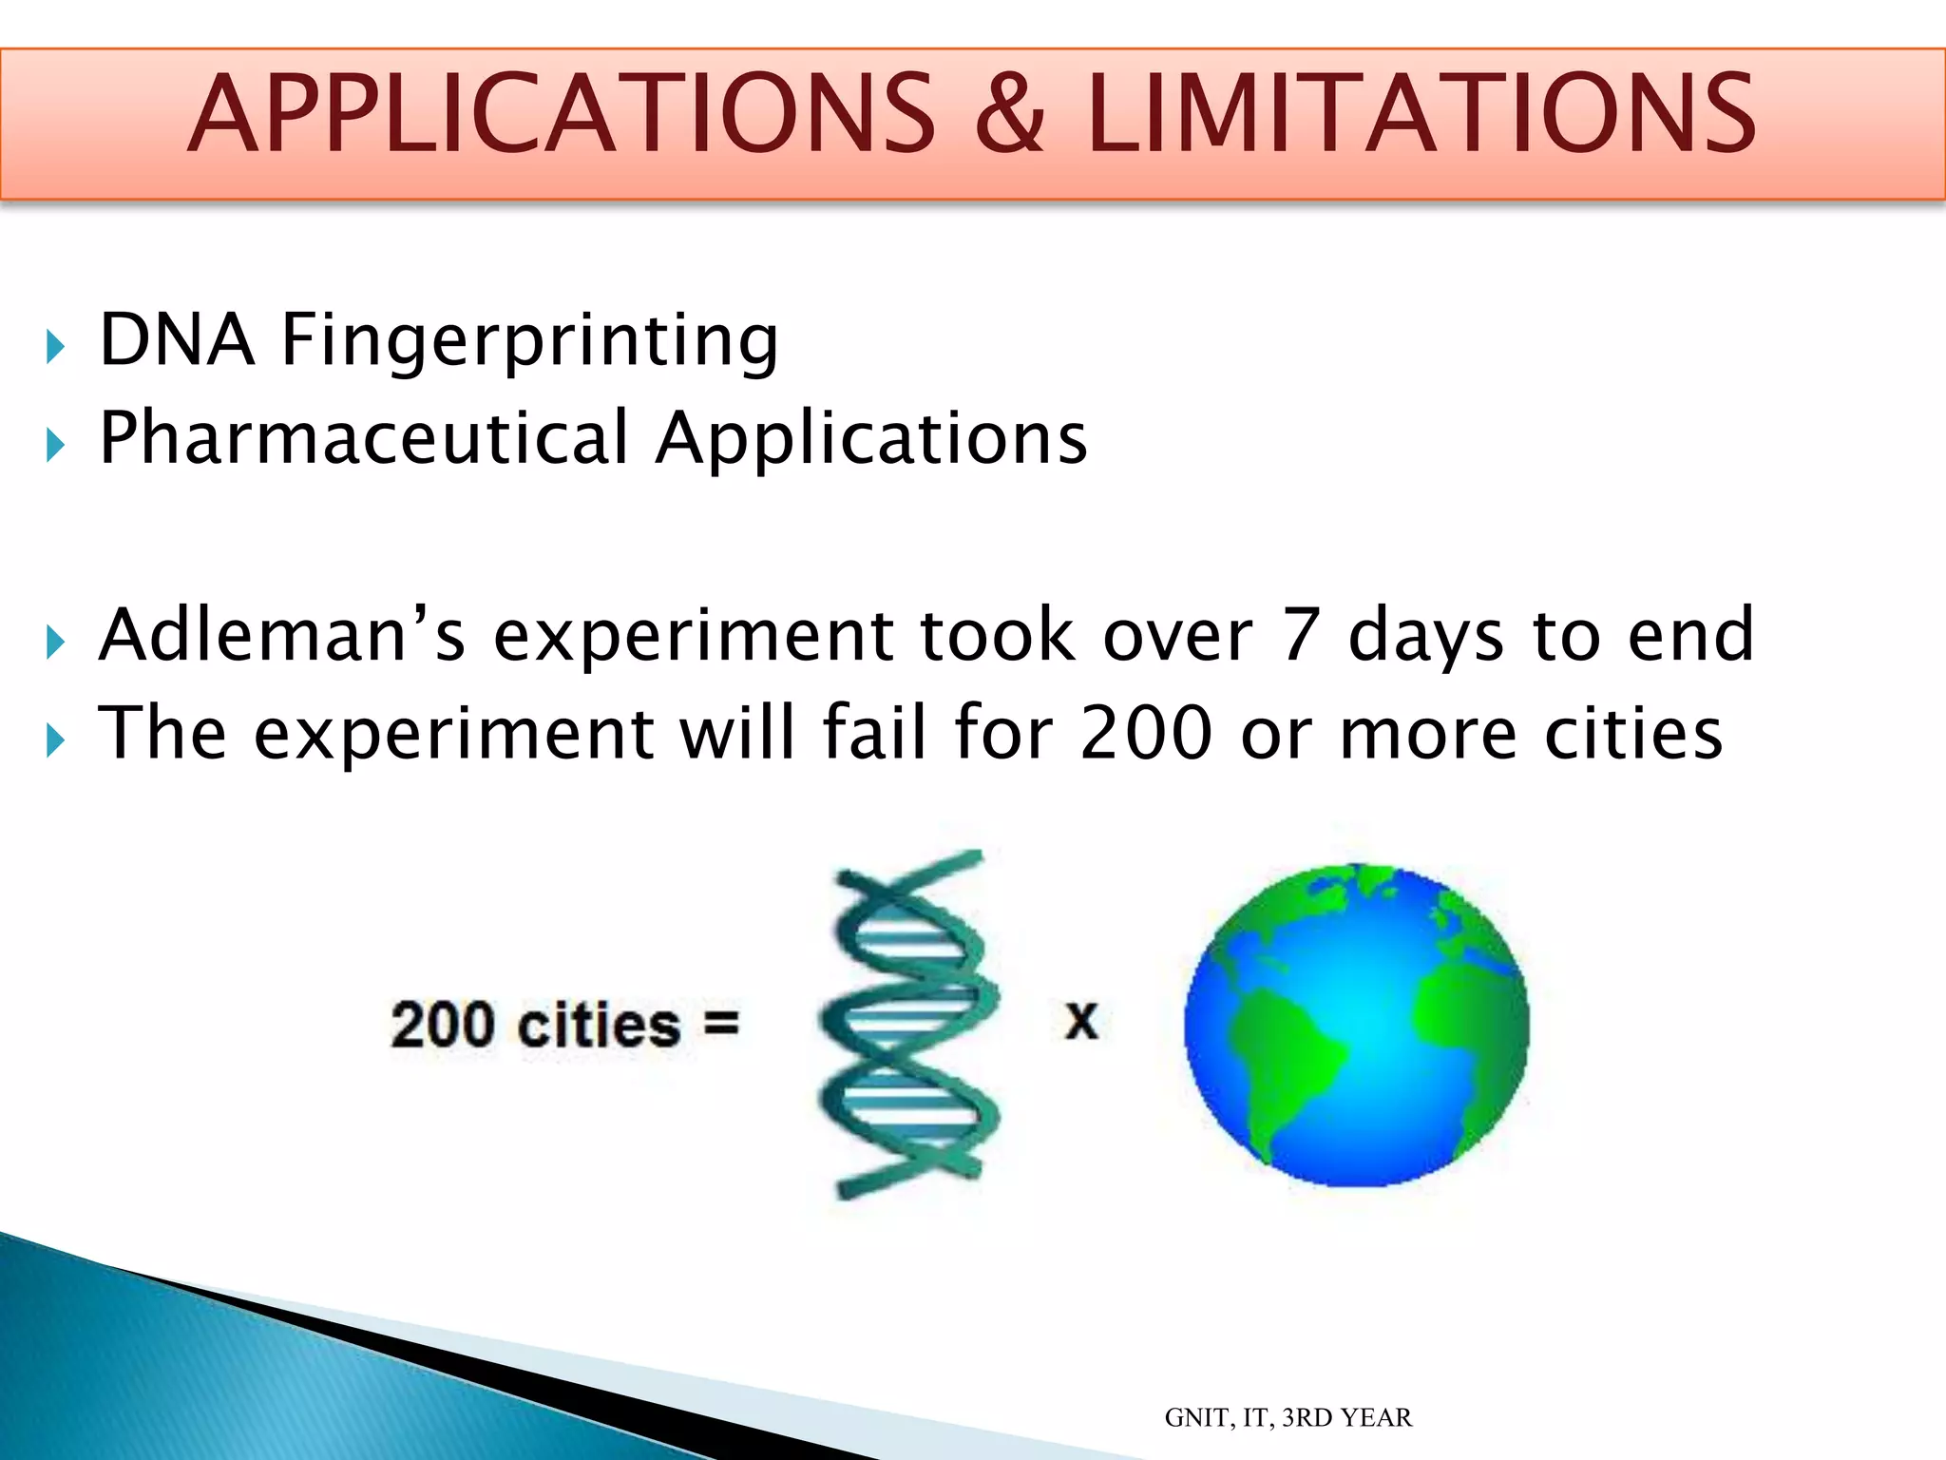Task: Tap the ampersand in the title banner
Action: click(x=1010, y=116)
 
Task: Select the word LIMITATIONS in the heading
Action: click(x=1421, y=116)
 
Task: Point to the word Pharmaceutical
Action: click(x=364, y=439)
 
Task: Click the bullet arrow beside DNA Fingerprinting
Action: click(x=55, y=347)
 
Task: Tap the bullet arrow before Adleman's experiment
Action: click(x=55, y=643)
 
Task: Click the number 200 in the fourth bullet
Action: click(x=1146, y=733)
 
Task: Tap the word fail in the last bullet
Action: click(x=873, y=733)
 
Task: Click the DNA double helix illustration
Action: click(x=907, y=1025)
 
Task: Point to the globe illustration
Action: click(x=1357, y=1025)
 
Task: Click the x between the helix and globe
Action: click(x=1081, y=1022)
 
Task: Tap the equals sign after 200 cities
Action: click(x=721, y=1025)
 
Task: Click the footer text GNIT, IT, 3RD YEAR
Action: click(x=1288, y=1417)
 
